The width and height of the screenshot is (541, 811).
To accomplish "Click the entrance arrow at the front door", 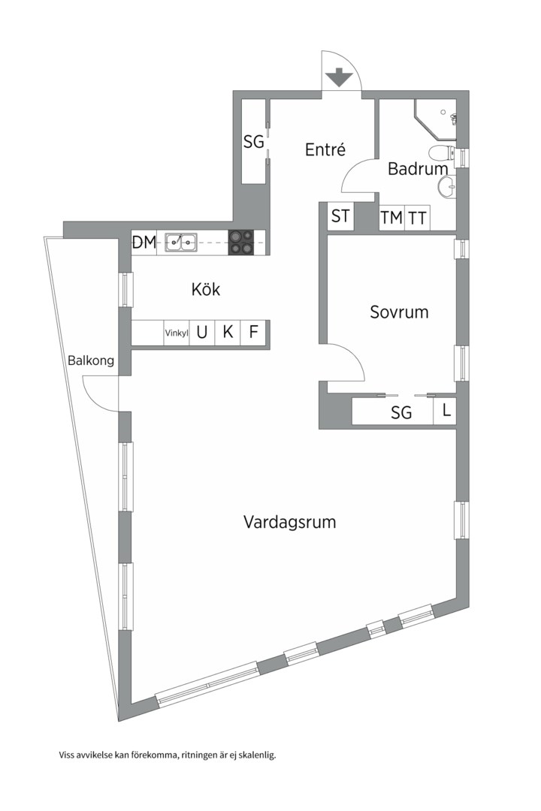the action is point(339,77).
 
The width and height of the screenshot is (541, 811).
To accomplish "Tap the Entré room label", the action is point(325,149).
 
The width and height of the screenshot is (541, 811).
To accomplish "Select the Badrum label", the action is point(418,169).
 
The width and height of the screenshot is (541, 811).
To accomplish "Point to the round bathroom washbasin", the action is point(447,185).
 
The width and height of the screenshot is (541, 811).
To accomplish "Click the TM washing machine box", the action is point(391,218).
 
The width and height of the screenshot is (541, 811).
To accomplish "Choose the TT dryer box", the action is point(417,218).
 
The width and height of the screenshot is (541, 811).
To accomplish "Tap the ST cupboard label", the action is point(340,216).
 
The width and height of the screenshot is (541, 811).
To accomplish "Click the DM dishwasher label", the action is point(144,242).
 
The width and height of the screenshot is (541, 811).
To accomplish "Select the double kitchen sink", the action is point(180,242).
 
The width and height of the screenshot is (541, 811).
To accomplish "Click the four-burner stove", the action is point(241,242).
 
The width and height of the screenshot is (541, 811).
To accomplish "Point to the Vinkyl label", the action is point(177,333).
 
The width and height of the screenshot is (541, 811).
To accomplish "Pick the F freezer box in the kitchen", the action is point(253,332).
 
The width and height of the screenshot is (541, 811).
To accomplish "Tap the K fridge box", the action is point(228,332).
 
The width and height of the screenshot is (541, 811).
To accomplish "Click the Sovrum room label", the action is point(399,312).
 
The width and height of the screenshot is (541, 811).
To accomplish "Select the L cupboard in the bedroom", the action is point(445,412).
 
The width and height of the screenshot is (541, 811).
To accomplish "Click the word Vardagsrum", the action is point(289,522).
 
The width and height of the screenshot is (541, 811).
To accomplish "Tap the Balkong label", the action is point(91,360).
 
